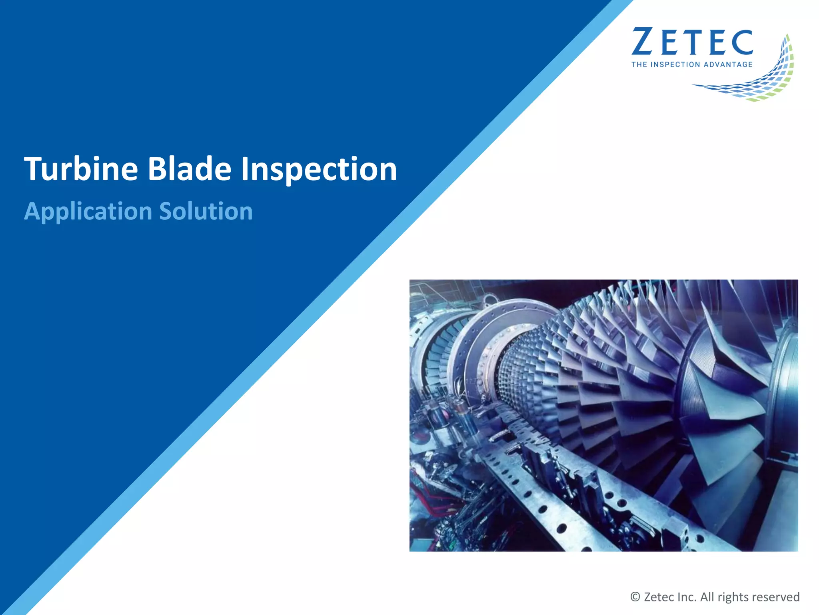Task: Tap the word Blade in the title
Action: (190, 169)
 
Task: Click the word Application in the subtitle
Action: (88, 211)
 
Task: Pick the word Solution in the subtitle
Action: (206, 211)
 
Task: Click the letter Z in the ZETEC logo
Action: (643, 42)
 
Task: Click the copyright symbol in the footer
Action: (635, 597)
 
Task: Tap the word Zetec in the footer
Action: (659, 597)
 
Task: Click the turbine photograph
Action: (603, 415)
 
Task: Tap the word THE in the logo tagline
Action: (639, 64)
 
